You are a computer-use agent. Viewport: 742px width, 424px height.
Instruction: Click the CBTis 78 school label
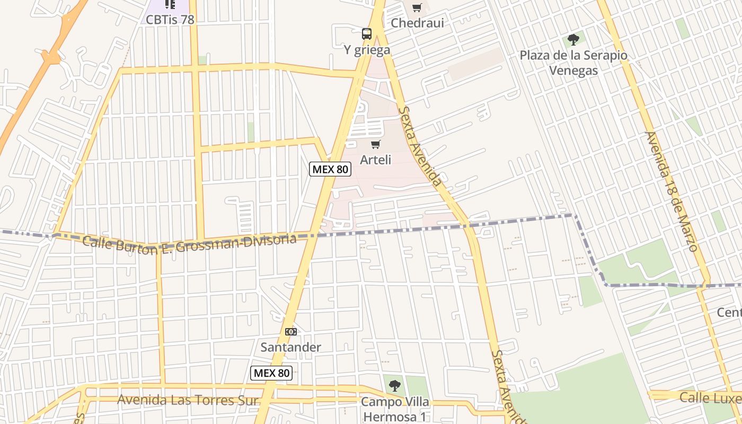(x=170, y=20)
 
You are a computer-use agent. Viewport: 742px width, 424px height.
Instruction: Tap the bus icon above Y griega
(x=367, y=34)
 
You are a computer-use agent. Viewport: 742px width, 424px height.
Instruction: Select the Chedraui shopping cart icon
(x=417, y=7)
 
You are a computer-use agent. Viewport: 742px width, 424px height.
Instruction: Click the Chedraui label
(x=417, y=23)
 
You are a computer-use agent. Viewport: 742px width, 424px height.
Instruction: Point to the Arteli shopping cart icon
(x=376, y=144)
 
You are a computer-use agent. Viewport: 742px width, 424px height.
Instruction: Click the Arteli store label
(x=376, y=160)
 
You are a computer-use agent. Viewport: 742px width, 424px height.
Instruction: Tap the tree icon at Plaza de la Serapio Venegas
(x=573, y=39)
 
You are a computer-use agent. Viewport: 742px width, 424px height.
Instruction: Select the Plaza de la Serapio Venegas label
(x=573, y=63)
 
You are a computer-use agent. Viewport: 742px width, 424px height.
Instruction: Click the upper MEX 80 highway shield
(x=330, y=169)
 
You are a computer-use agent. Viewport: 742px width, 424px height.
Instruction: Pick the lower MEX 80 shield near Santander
(x=271, y=373)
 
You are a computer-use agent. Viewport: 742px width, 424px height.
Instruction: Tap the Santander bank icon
(x=291, y=332)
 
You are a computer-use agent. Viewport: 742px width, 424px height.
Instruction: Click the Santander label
(x=291, y=347)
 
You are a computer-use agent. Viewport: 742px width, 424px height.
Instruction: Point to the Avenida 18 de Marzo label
(x=670, y=191)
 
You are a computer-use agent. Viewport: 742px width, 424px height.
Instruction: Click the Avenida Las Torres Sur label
(x=188, y=400)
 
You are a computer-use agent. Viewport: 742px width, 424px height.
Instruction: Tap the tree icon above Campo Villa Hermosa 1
(x=394, y=386)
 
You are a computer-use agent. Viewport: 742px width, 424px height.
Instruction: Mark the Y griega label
(x=367, y=50)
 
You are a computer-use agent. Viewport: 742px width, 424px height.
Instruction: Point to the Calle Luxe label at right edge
(x=710, y=397)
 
